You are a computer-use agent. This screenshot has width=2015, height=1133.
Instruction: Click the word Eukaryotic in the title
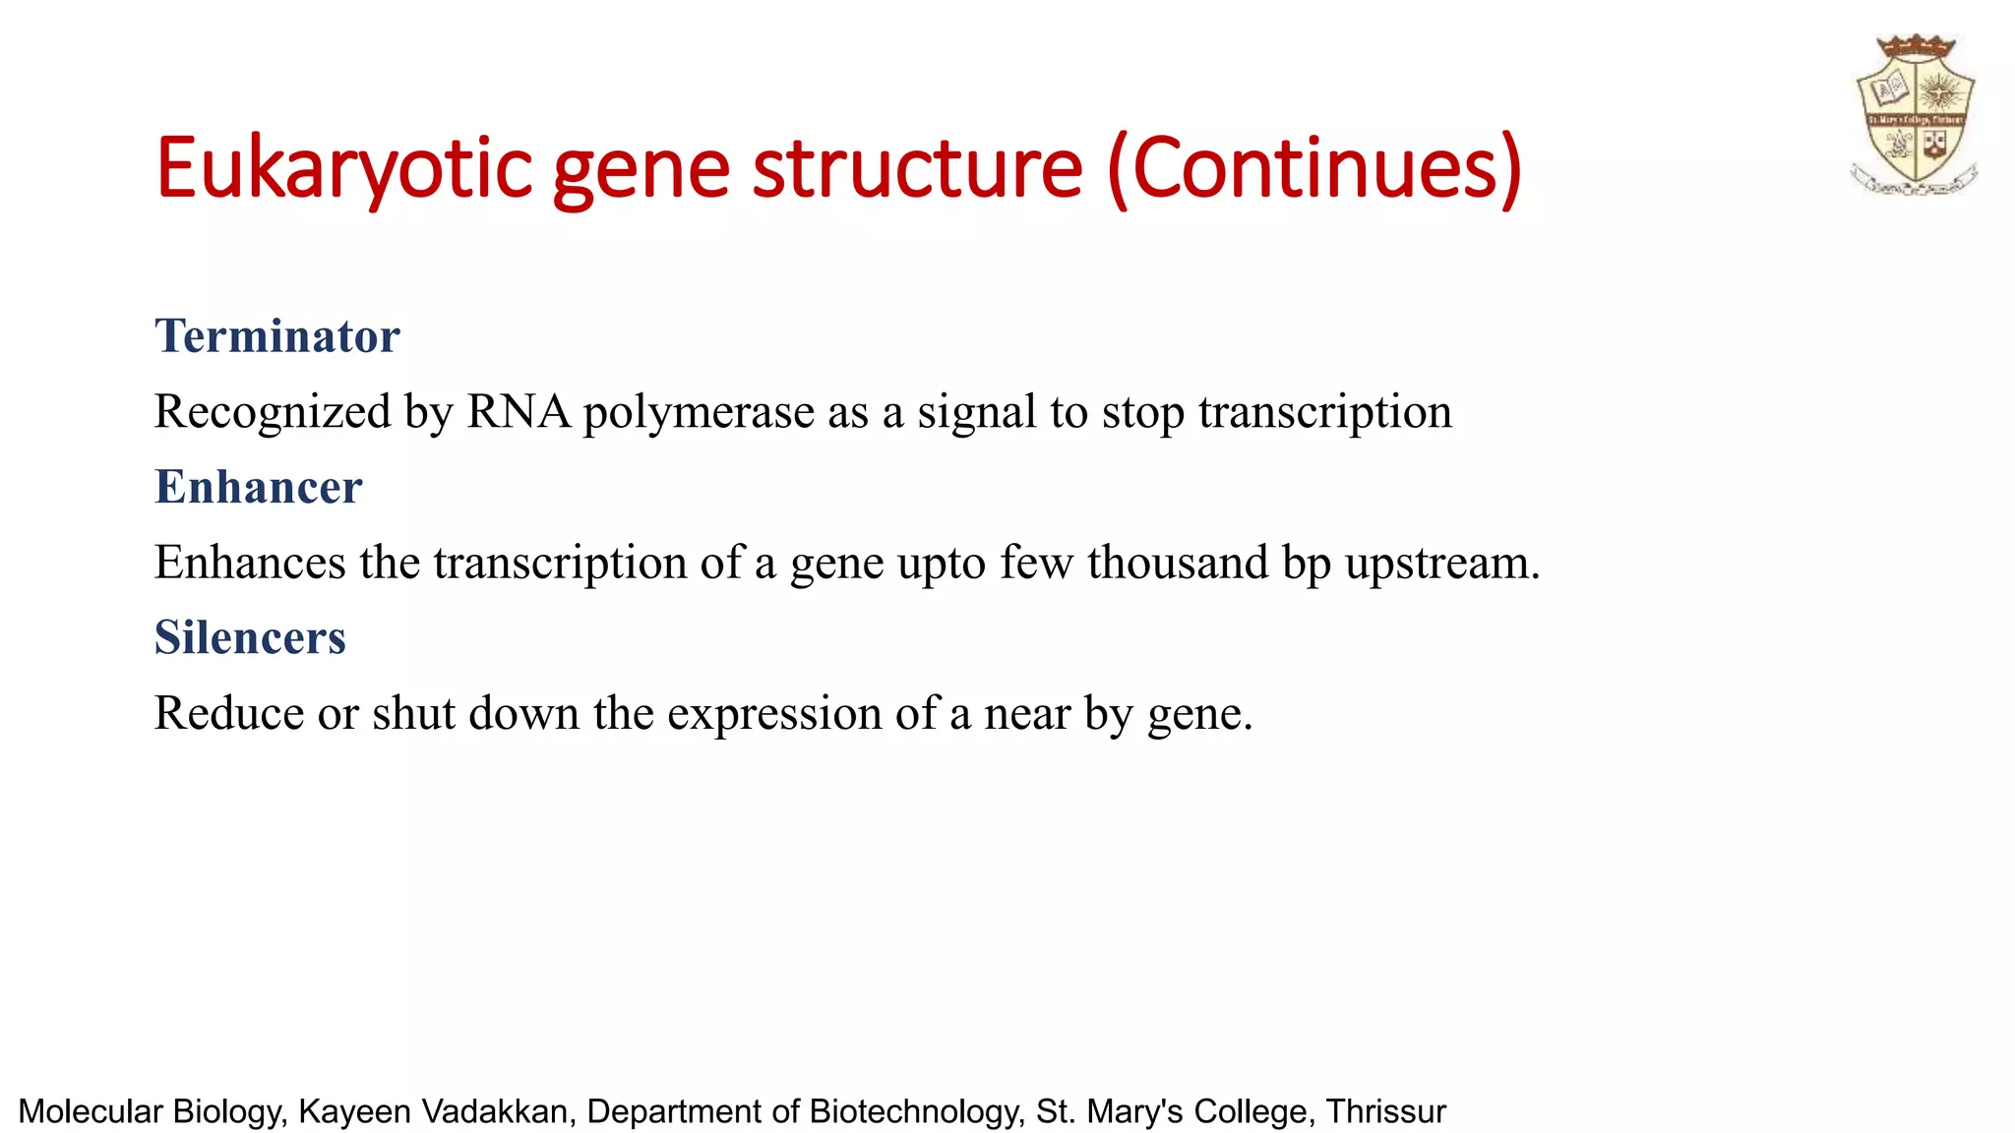(343, 169)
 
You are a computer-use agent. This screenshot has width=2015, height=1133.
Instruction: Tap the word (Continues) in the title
(1314, 169)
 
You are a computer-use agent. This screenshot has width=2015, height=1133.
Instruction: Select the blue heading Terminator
(276, 336)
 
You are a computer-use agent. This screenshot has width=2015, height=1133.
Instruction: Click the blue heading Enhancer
(258, 487)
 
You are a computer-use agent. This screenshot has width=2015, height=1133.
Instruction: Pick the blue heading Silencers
(250, 637)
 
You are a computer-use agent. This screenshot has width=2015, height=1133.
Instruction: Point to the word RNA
(519, 411)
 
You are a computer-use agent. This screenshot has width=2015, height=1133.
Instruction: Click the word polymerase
(699, 413)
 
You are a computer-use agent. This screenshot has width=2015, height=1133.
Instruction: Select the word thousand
(1178, 563)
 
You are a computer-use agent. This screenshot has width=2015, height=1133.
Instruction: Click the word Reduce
(228, 713)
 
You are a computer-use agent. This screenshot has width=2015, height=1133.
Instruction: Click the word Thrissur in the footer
(1385, 1111)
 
